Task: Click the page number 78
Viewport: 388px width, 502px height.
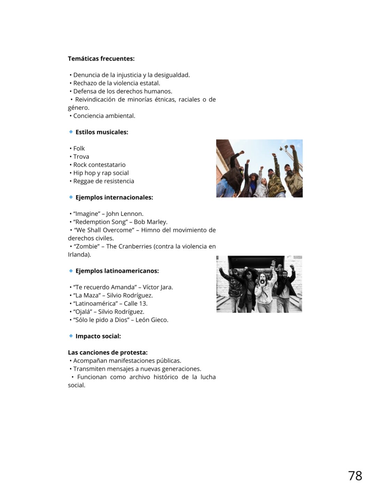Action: coord(355,476)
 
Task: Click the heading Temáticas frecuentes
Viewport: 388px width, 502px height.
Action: coord(101,59)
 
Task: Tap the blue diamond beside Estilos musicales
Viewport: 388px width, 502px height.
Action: coord(71,132)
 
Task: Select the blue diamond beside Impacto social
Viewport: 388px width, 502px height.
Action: coord(71,336)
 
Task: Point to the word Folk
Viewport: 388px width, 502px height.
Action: coord(79,149)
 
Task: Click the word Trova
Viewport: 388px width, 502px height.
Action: coord(81,157)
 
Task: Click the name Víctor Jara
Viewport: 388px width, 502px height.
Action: coord(158,287)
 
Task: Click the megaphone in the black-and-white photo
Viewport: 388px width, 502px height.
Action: coord(261,281)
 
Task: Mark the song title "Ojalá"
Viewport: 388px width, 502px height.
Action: coord(83,312)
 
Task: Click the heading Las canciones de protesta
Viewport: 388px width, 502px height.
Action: coord(108,352)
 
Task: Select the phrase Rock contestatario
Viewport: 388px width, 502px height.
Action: coord(99,165)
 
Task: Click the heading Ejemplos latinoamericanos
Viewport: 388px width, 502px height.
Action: coord(117,271)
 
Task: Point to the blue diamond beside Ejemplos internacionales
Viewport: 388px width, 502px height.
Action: coord(71,197)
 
